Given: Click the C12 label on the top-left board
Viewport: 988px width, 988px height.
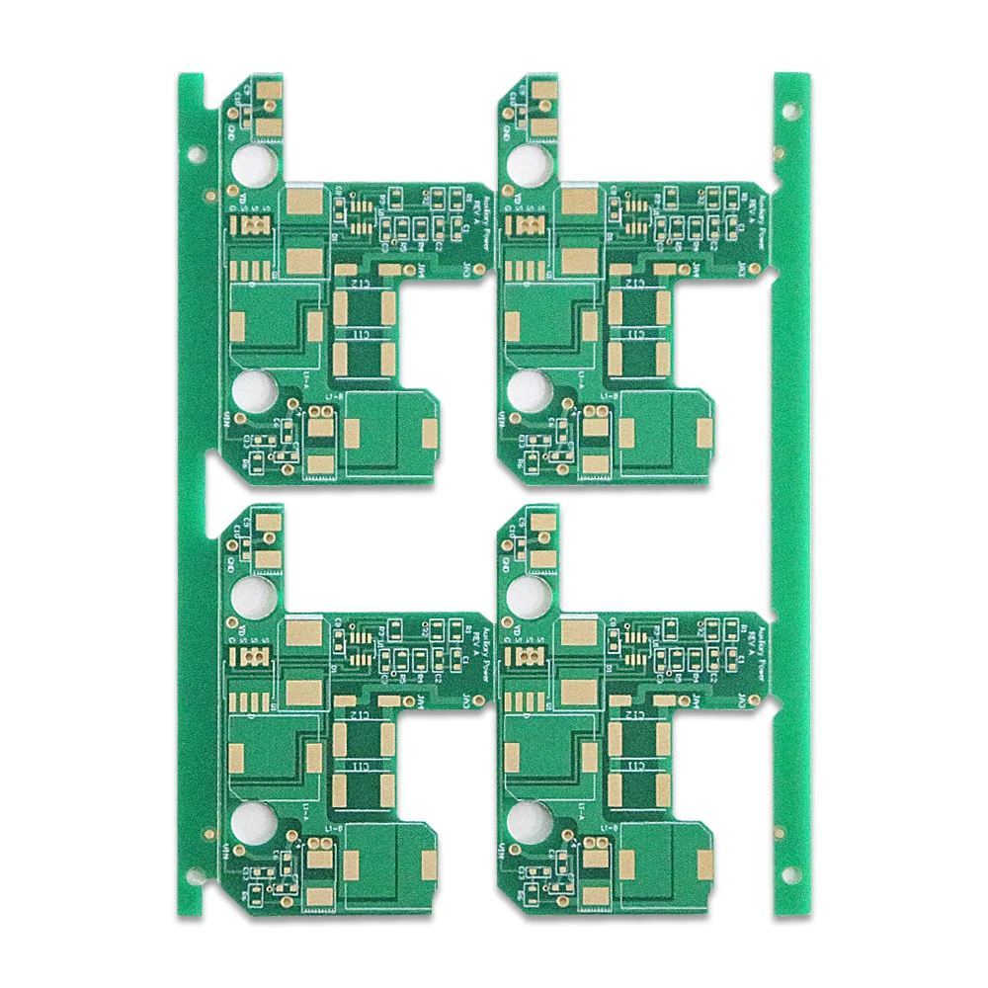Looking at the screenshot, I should (364, 283).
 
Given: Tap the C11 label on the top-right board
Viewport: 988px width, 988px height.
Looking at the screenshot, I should (637, 336).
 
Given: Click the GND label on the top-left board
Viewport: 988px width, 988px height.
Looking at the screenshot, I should (230, 128).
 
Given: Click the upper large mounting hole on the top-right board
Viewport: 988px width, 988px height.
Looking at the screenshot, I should (529, 164).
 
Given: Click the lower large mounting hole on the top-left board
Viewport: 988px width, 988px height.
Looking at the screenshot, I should (254, 391).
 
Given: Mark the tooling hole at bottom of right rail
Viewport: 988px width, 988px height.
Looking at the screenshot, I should (790, 874).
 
